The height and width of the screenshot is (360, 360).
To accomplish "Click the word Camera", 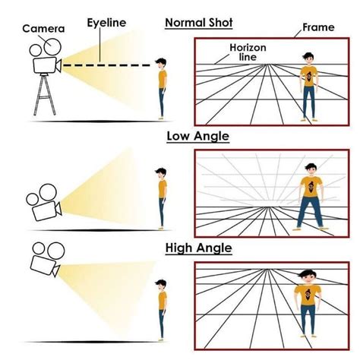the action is pos(43,29).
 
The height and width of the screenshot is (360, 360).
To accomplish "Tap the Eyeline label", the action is pos(106,23).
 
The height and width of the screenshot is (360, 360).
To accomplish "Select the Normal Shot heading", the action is pos(199,23).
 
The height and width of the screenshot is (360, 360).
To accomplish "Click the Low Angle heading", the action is pos(198,136).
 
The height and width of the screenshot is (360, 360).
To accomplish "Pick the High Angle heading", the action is pos(199,248).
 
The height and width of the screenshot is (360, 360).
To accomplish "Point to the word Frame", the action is pos(318,27).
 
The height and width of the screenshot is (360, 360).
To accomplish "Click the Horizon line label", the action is pos(248,52).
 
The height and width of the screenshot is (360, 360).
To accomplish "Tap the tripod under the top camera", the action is pos(45,94).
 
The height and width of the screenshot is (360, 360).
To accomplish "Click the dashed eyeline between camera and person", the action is pos(106,65).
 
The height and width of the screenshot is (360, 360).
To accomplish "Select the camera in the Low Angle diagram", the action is pos(44,203).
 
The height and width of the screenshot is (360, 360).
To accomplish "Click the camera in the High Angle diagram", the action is pos(46,260).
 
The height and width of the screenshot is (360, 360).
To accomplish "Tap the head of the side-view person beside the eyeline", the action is pos(161,64).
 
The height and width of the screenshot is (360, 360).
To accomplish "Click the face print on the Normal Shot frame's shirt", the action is pos(308,78).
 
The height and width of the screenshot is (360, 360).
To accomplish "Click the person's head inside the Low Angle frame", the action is pos(311,169).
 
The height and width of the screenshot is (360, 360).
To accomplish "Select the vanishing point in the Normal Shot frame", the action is pos(267,65).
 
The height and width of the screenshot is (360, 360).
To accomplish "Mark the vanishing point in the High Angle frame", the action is pos(266,270).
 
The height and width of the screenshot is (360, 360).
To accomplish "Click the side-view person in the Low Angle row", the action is pos(162,199).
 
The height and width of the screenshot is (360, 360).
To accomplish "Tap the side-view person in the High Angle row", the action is pos(162,311).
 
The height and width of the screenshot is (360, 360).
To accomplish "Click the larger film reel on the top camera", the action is pos(52,46).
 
